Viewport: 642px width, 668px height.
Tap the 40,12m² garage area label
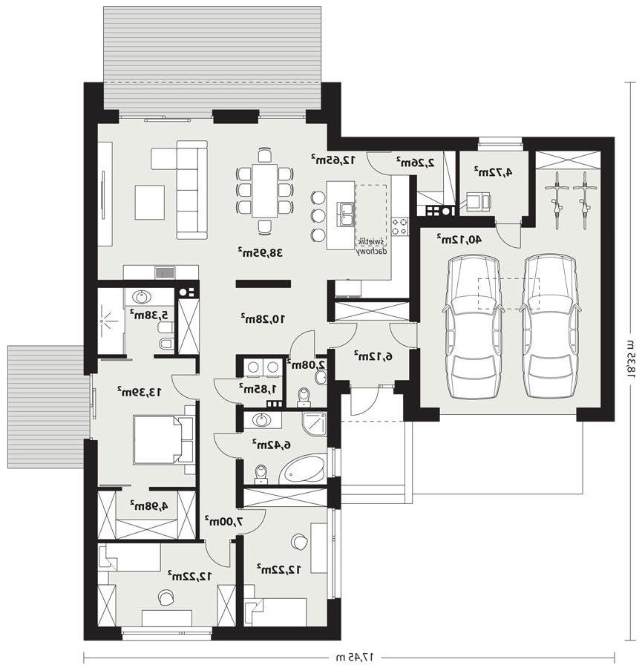point(459,239)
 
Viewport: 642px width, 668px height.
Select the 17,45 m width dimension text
point(353,658)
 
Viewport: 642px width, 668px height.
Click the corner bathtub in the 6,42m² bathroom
point(304,469)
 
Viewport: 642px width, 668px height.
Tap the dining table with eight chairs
point(264,191)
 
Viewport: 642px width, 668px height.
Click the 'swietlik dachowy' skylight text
point(372,246)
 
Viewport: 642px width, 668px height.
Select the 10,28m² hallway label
point(263,318)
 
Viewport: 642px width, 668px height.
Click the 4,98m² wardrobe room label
point(149,505)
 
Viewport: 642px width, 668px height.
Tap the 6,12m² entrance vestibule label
point(373,356)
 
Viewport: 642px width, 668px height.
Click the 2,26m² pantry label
point(416,162)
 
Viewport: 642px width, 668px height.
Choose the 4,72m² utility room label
point(494,171)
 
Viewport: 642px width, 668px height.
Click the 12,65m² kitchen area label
point(333,160)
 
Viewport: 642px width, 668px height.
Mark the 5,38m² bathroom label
point(149,315)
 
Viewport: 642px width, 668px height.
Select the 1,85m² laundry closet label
point(258,388)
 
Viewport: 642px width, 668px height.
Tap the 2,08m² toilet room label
point(307,364)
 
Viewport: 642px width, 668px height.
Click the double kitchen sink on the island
point(346,214)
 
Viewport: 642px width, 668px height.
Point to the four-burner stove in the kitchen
point(399,226)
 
